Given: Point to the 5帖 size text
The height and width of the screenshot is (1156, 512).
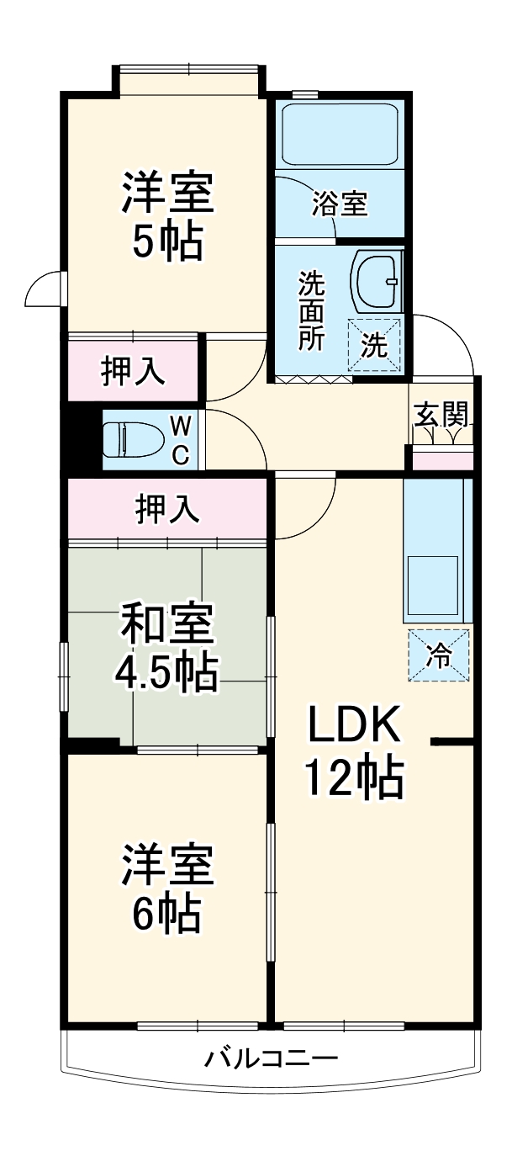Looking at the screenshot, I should click(166, 242).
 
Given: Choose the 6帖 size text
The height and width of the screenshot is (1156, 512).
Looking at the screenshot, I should click(166, 915).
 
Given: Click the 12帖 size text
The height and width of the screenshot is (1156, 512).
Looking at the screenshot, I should click(353, 779).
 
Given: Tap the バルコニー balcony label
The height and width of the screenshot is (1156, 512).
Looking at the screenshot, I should click(271, 1058).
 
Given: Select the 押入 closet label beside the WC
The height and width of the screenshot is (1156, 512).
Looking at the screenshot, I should click(133, 372).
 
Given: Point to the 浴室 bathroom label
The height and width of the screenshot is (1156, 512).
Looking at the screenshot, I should click(339, 204).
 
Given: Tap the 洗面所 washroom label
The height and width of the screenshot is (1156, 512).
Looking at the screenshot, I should click(311, 311).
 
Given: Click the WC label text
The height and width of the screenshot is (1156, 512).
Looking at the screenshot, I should click(181, 439).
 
